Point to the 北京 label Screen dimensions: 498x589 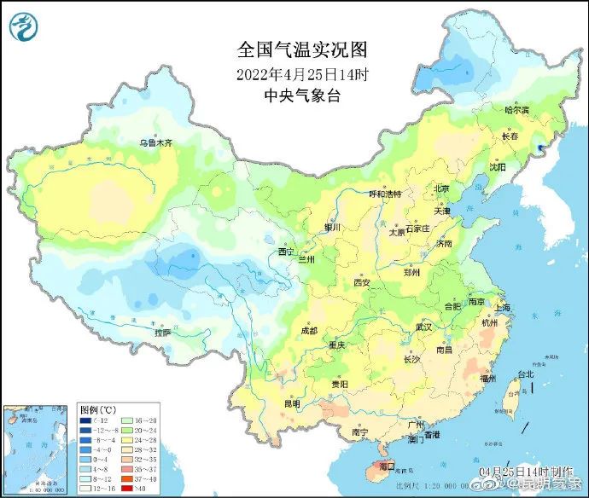[441, 188]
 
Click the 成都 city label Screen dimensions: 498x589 [308, 330]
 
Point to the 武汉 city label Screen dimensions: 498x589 [424, 327]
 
